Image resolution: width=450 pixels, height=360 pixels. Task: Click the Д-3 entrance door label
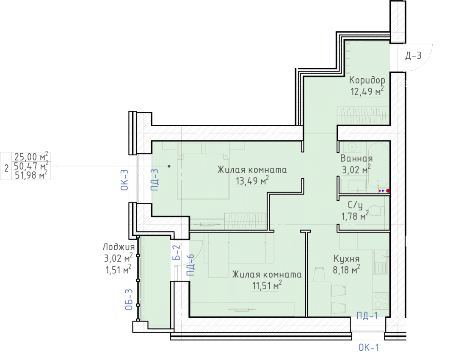point(413,55)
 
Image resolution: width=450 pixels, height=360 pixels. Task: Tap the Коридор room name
point(367,80)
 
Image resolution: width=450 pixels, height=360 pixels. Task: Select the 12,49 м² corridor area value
point(367,91)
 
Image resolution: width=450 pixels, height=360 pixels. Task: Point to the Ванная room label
point(356,158)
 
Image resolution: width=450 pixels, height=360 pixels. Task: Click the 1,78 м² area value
point(355,216)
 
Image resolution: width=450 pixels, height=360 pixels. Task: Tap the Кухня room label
point(346,259)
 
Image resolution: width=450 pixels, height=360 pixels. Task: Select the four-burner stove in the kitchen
point(381,301)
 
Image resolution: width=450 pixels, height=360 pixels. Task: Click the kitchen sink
point(381,262)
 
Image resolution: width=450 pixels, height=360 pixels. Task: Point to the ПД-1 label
point(367,316)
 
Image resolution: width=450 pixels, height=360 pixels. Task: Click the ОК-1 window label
point(369,348)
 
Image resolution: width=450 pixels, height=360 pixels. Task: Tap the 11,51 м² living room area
point(267,285)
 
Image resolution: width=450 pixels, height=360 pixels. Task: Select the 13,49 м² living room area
point(252,181)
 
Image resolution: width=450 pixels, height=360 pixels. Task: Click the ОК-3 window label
point(124,180)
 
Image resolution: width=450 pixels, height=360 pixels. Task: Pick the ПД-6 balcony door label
point(190,265)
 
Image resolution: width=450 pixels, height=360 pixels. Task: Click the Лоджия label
point(119,247)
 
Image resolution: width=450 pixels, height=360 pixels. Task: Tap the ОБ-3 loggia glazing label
point(129,299)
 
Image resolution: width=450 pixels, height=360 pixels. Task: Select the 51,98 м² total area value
point(31,175)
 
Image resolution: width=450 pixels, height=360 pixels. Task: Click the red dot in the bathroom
point(388,191)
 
